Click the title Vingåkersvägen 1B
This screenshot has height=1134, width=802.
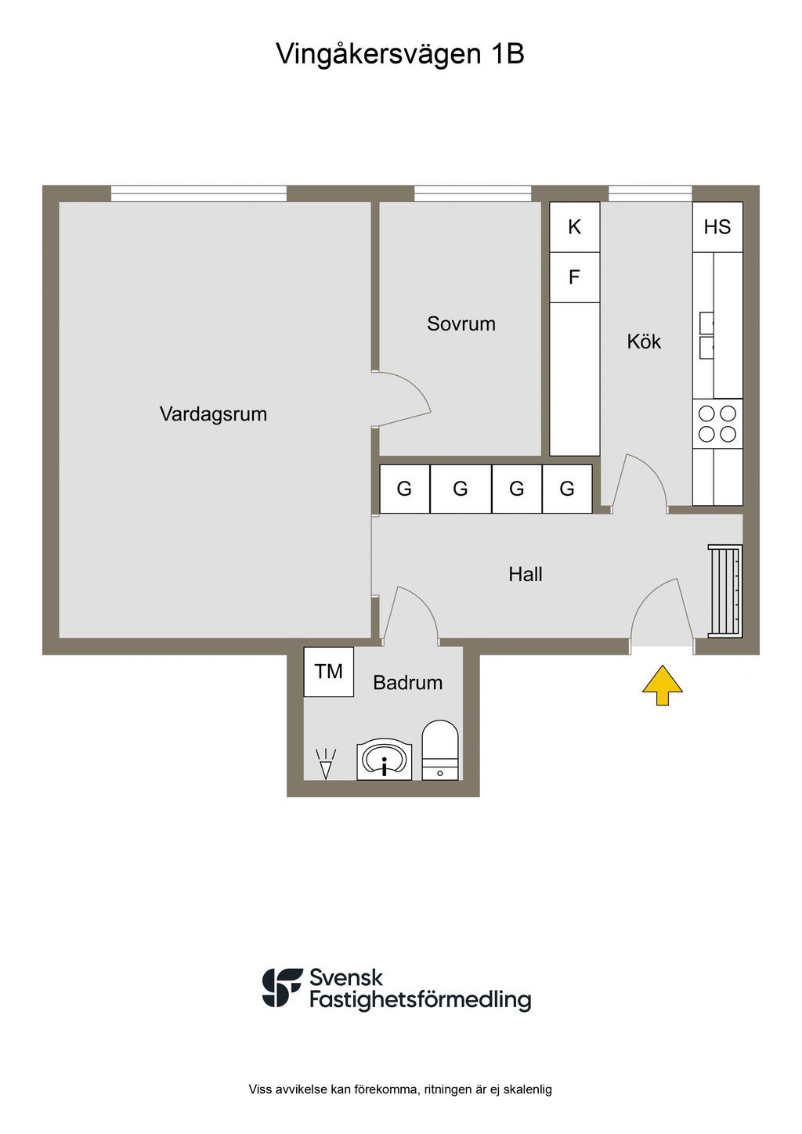pyautogui.click(x=400, y=54)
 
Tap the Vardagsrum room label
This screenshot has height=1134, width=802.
pyautogui.click(x=213, y=414)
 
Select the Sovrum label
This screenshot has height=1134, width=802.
pyautogui.click(x=461, y=323)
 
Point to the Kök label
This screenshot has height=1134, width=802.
pyautogui.click(x=644, y=341)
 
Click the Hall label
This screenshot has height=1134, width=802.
pyautogui.click(x=525, y=574)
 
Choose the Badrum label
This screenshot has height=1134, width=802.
pyautogui.click(x=407, y=683)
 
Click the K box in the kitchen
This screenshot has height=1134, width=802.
pyautogui.click(x=574, y=227)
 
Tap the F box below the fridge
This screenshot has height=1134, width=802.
pyautogui.click(x=574, y=277)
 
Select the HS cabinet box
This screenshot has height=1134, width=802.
pyautogui.click(x=717, y=227)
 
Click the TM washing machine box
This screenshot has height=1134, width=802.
pyautogui.click(x=328, y=671)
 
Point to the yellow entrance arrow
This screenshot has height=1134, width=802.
pyautogui.click(x=663, y=685)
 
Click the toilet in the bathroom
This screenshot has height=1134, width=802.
pyautogui.click(x=440, y=750)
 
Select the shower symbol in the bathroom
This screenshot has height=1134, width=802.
pyautogui.click(x=325, y=764)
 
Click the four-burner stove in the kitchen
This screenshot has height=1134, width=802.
pyautogui.click(x=717, y=424)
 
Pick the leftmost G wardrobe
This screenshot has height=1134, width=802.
pyautogui.click(x=404, y=489)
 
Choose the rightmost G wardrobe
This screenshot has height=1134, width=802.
pyautogui.click(x=567, y=489)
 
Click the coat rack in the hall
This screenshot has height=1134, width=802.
pyautogui.click(x=724, y=591)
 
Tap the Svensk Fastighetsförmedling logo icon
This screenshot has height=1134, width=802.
pyautogui.click(x=282, y=988)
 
